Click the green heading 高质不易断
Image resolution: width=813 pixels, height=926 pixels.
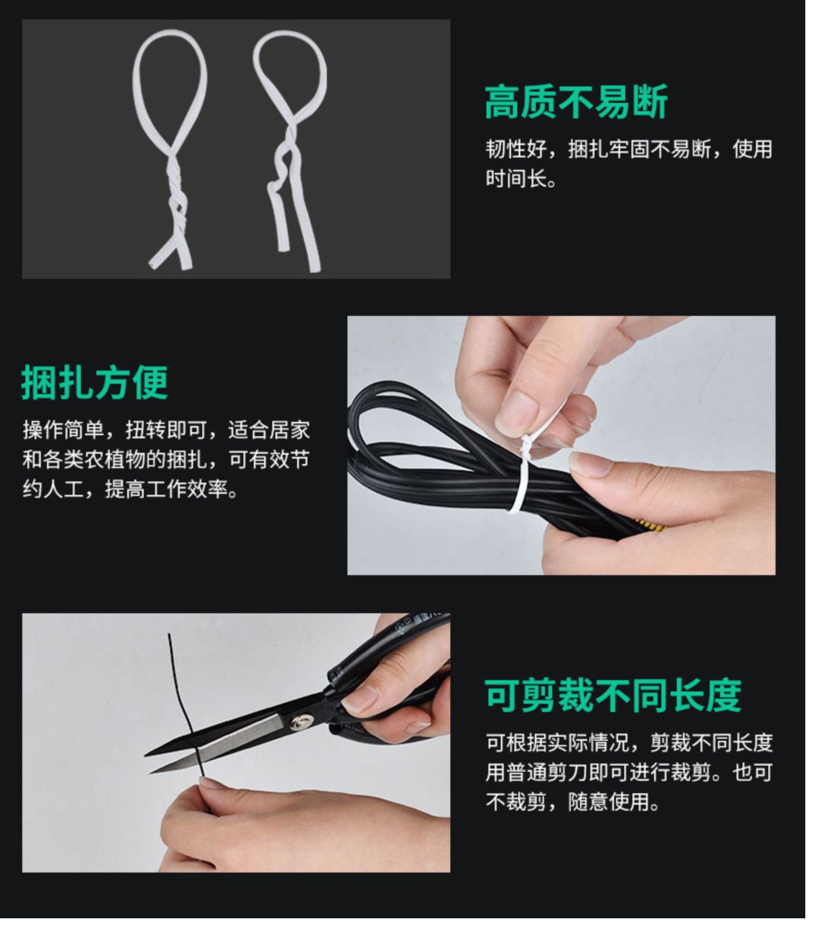point(576,102)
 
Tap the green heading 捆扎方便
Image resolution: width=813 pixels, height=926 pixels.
point(95,383)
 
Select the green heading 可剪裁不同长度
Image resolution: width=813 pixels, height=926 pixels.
point(613,695)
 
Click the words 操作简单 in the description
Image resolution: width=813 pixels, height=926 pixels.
point(63,430)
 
